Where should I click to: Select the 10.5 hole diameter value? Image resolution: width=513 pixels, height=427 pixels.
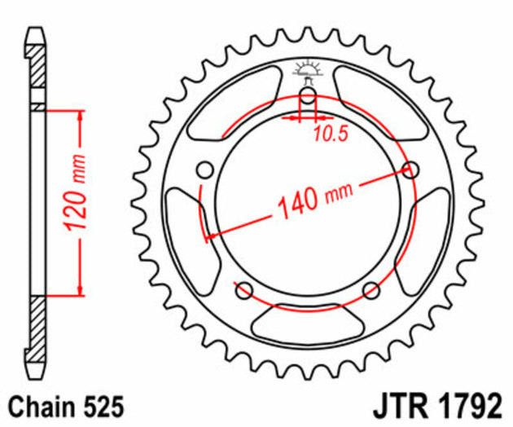(331, 135)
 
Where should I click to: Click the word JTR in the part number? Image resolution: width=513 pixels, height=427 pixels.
(400, 406)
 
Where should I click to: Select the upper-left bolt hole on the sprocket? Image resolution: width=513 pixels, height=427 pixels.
(205, 169)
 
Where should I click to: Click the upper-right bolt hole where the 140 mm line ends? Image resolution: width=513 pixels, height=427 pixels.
(412, 170)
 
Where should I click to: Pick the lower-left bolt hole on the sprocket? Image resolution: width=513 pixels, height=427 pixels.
(241, 288)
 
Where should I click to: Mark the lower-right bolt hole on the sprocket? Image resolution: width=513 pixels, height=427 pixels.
(372, 289)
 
